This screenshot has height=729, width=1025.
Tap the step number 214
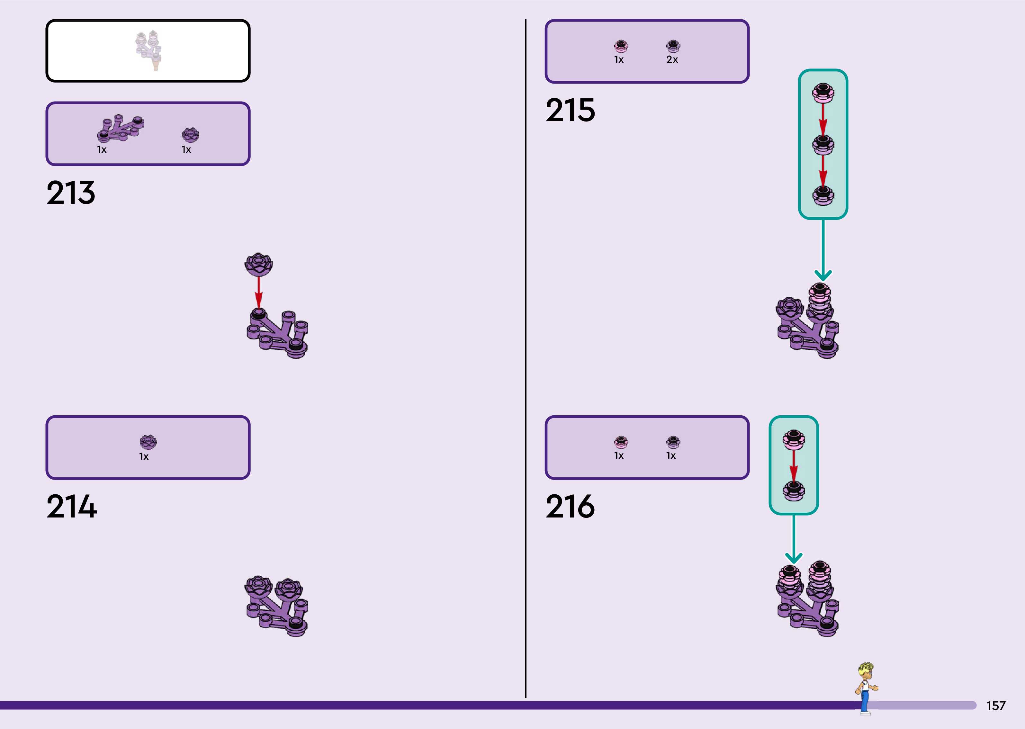tap(71, 506)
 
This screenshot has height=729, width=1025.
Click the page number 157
tap(995, 706)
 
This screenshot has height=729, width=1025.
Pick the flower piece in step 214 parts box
tap(148, 442)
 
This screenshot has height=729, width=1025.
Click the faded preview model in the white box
tap(148, 50)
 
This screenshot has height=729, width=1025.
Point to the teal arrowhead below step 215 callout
tap(823, 275)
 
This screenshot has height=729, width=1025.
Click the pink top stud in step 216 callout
tap(794, 439)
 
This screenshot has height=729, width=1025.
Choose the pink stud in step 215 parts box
tap(621, 46)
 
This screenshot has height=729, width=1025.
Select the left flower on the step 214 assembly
tap(258, 586)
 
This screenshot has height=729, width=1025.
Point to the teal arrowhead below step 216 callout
tap(794, 558)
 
